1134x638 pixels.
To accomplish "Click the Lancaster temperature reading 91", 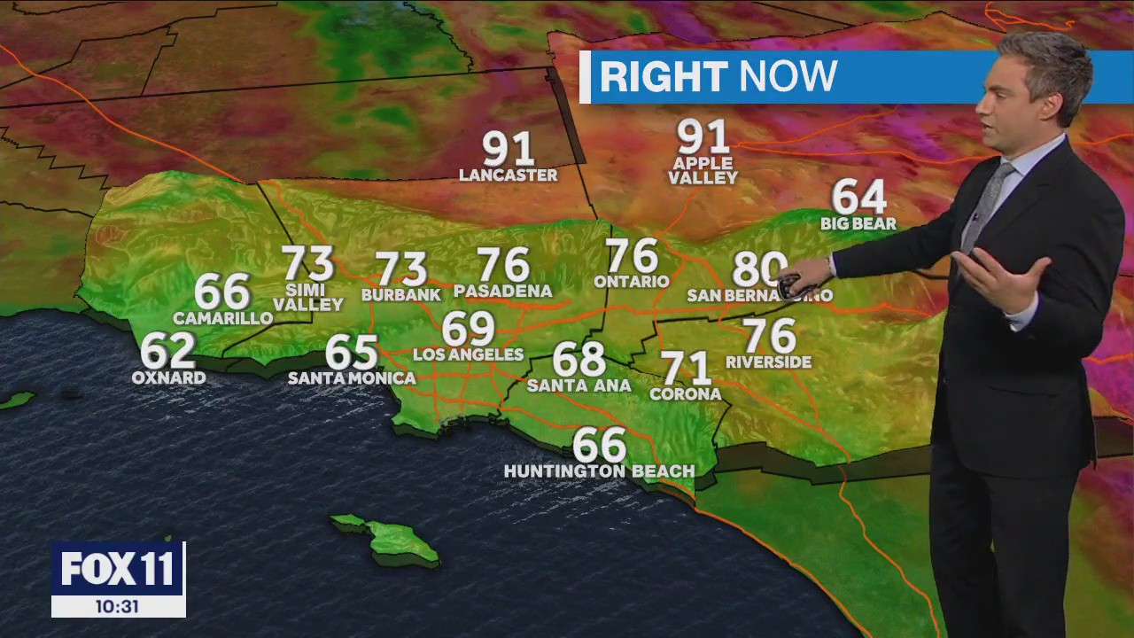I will click(508, 149).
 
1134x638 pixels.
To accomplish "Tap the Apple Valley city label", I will click(703, 171).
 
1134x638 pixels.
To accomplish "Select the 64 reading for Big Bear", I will click(858, 197).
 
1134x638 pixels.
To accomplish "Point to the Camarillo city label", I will click(222, 318).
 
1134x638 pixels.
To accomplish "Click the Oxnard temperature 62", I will click(167, 351).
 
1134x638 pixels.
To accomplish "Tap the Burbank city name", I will click(400, 294).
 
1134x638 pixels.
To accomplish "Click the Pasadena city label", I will click(502, 291).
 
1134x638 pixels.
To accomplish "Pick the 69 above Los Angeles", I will click(468, 330).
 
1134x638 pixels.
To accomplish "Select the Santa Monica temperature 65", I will click(352, 352).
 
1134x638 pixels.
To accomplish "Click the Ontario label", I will click(631, 282).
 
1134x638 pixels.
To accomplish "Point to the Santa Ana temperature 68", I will click(579, 360).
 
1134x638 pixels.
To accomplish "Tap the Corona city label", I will click(685, 394).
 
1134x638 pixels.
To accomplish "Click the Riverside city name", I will click(768, 362).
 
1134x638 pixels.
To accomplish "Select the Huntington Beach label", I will click(599, 471).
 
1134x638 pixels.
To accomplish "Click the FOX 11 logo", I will click(118, 569).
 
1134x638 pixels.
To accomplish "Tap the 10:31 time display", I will click(118, 607).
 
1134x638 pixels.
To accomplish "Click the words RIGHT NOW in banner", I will click(718, 77).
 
